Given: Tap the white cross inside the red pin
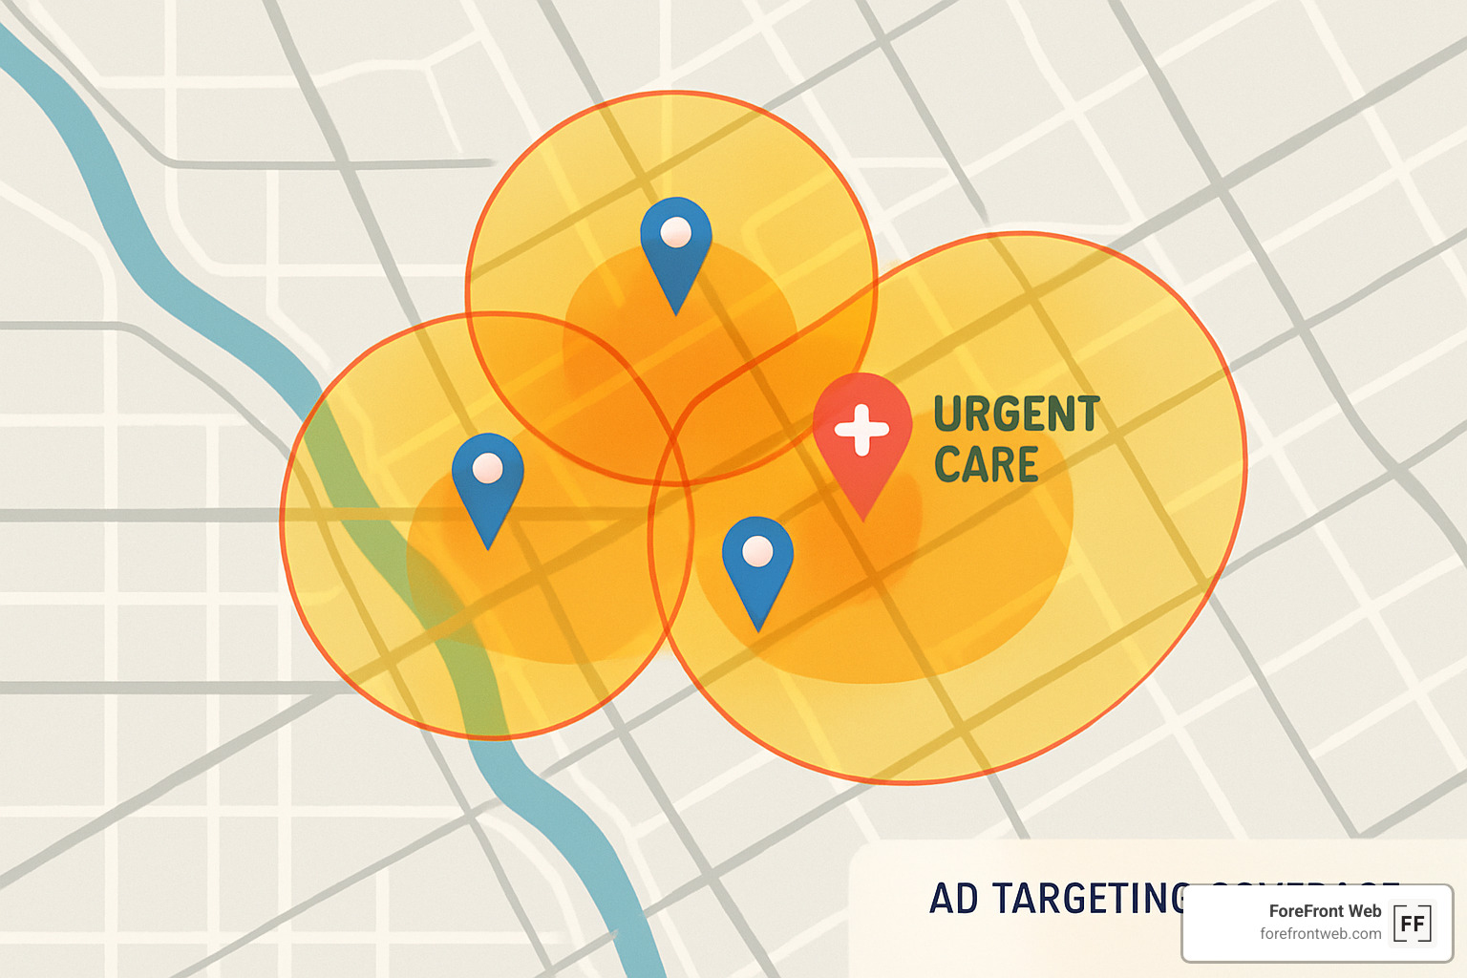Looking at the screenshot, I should (861, 429).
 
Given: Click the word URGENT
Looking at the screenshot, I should (1016, 415).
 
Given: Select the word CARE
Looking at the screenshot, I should (986, 465).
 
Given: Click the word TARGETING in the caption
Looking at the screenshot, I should (1089, 899).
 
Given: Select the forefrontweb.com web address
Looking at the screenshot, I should (1320, 934).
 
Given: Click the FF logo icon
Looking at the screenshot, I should (1413, 924).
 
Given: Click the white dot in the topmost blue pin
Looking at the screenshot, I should (676, 232).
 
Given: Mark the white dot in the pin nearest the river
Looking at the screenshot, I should (488, 468).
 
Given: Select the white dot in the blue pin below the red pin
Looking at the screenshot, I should (757, 551).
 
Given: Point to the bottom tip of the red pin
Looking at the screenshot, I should (863, 519).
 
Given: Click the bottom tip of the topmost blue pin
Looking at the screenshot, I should (676, 313).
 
